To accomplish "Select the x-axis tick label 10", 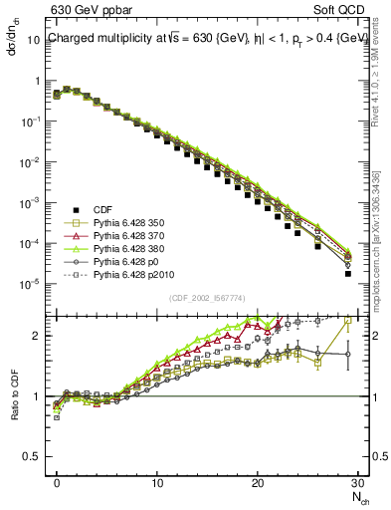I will [x=157, y=483].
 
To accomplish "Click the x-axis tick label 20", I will [x=258, y=483].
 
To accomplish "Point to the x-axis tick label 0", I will [x=57, y=483].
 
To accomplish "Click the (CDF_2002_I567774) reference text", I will [x=208, y=298].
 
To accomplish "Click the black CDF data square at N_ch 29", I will [x=348, y=273].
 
